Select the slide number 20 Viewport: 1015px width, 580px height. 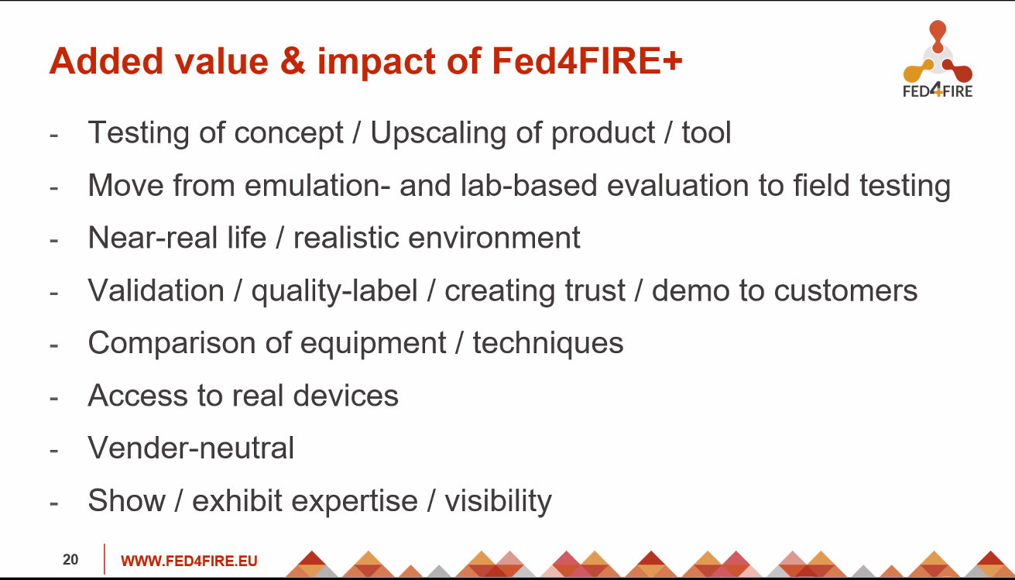[x=70, y=560]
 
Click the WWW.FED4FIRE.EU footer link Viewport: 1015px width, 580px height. [x=189, y=561]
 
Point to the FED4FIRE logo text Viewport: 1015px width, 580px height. [x=938, y=91]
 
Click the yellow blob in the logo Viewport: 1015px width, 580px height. [x=917, y=71]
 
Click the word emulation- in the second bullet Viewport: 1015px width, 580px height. [x=317, y=185]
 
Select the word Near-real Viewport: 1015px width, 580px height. [x=153, y=238]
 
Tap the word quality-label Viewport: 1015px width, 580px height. [x=334, y=291]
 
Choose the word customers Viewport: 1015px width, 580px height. [x=845, y=290]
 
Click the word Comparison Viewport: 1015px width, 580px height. [x=172, y=344]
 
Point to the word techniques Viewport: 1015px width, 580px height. [x=548, y=344]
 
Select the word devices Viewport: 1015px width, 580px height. [x=346, y=396]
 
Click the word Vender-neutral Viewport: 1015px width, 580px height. [x=191, y=448]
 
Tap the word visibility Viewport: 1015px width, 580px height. [x=498, y=502]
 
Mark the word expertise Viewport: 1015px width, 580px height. [x=305, y=502]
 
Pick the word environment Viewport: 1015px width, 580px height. [x=494, y=238]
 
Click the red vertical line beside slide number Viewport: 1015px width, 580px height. [x=105, y=559]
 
